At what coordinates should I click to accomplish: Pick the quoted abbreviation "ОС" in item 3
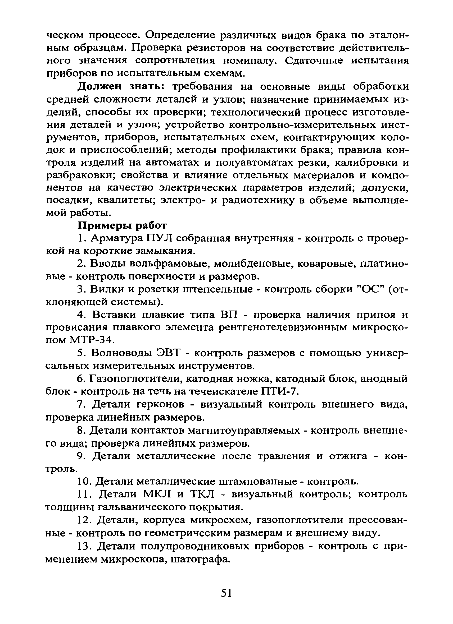[369, 289]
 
